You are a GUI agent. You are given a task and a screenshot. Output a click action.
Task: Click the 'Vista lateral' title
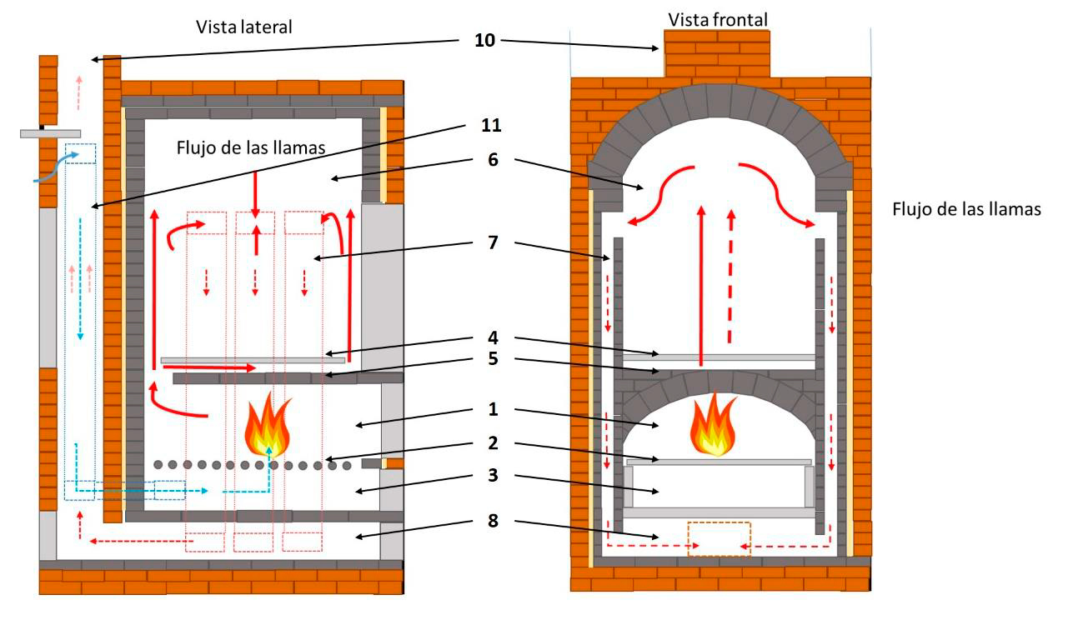point(245,27)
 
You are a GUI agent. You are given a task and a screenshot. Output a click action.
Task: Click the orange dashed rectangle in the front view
point(719,539)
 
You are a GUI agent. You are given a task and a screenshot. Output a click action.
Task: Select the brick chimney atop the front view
point(716,54)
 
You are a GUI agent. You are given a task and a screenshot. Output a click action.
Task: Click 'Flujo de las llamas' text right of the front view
point(966,210)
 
